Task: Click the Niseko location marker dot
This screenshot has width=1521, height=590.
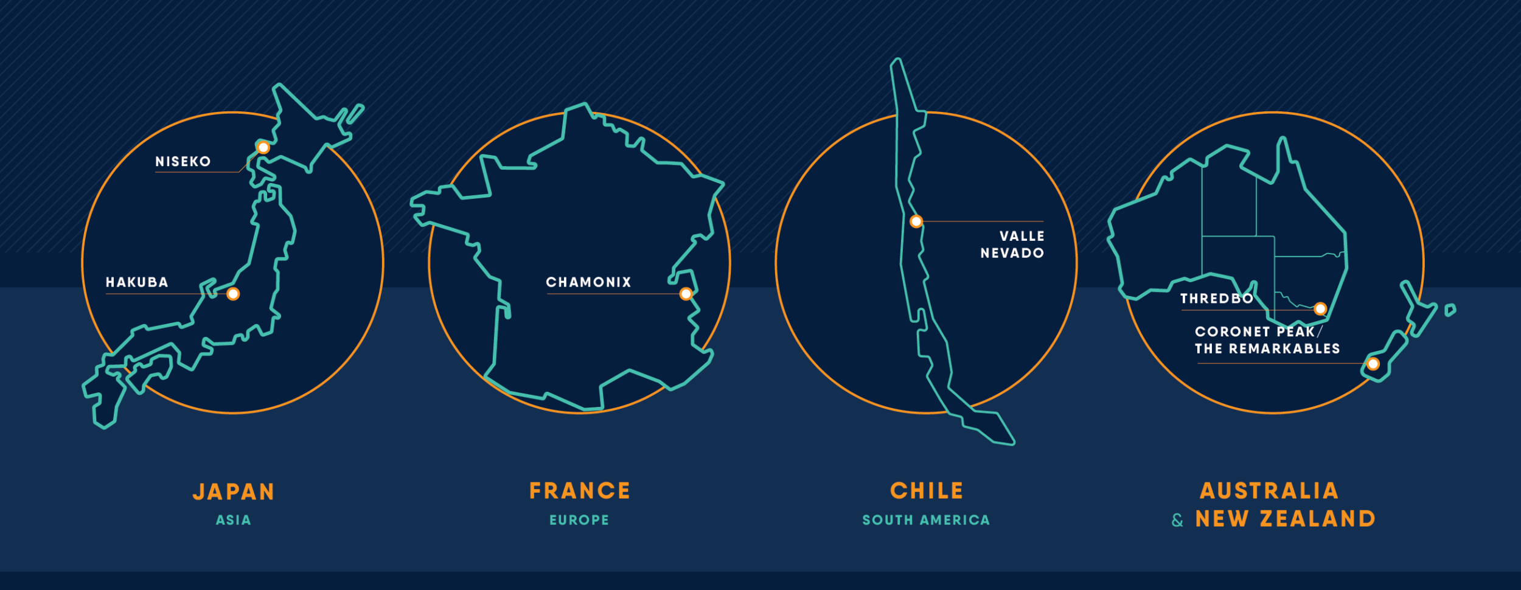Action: coord(263,148)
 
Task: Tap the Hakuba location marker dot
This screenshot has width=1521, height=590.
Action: coord(233,294)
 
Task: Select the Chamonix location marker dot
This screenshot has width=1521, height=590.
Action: coord(686,294)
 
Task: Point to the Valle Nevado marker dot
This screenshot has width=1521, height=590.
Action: coord(916,221)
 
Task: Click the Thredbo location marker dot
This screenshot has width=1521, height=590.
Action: coord(1320,309)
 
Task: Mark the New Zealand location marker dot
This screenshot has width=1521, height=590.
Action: coord(1373,364)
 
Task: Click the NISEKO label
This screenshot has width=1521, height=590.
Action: coord(183,162)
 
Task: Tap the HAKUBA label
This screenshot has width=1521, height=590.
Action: coord(137,282)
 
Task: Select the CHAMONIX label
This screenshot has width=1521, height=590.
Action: coord(588,282)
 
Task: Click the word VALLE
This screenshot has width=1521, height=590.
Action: coord(1022,236)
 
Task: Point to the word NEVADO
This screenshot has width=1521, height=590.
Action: coord(1012,253)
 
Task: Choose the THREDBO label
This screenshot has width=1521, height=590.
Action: coord(1217,299)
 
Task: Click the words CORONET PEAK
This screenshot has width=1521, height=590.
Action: coord(1255,331)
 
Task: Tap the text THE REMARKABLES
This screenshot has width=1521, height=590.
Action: coord(1267,349)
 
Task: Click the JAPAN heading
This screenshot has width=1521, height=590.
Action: coord(234,491)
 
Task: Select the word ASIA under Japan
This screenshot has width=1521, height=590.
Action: coord(234,520)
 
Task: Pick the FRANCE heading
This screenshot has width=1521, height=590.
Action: coord(580,491)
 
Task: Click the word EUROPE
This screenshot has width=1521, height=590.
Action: coord(579,520)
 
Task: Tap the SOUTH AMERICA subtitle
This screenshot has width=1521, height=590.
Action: coord(926,520)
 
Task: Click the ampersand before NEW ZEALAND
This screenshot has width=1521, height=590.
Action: coord(1178,521)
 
